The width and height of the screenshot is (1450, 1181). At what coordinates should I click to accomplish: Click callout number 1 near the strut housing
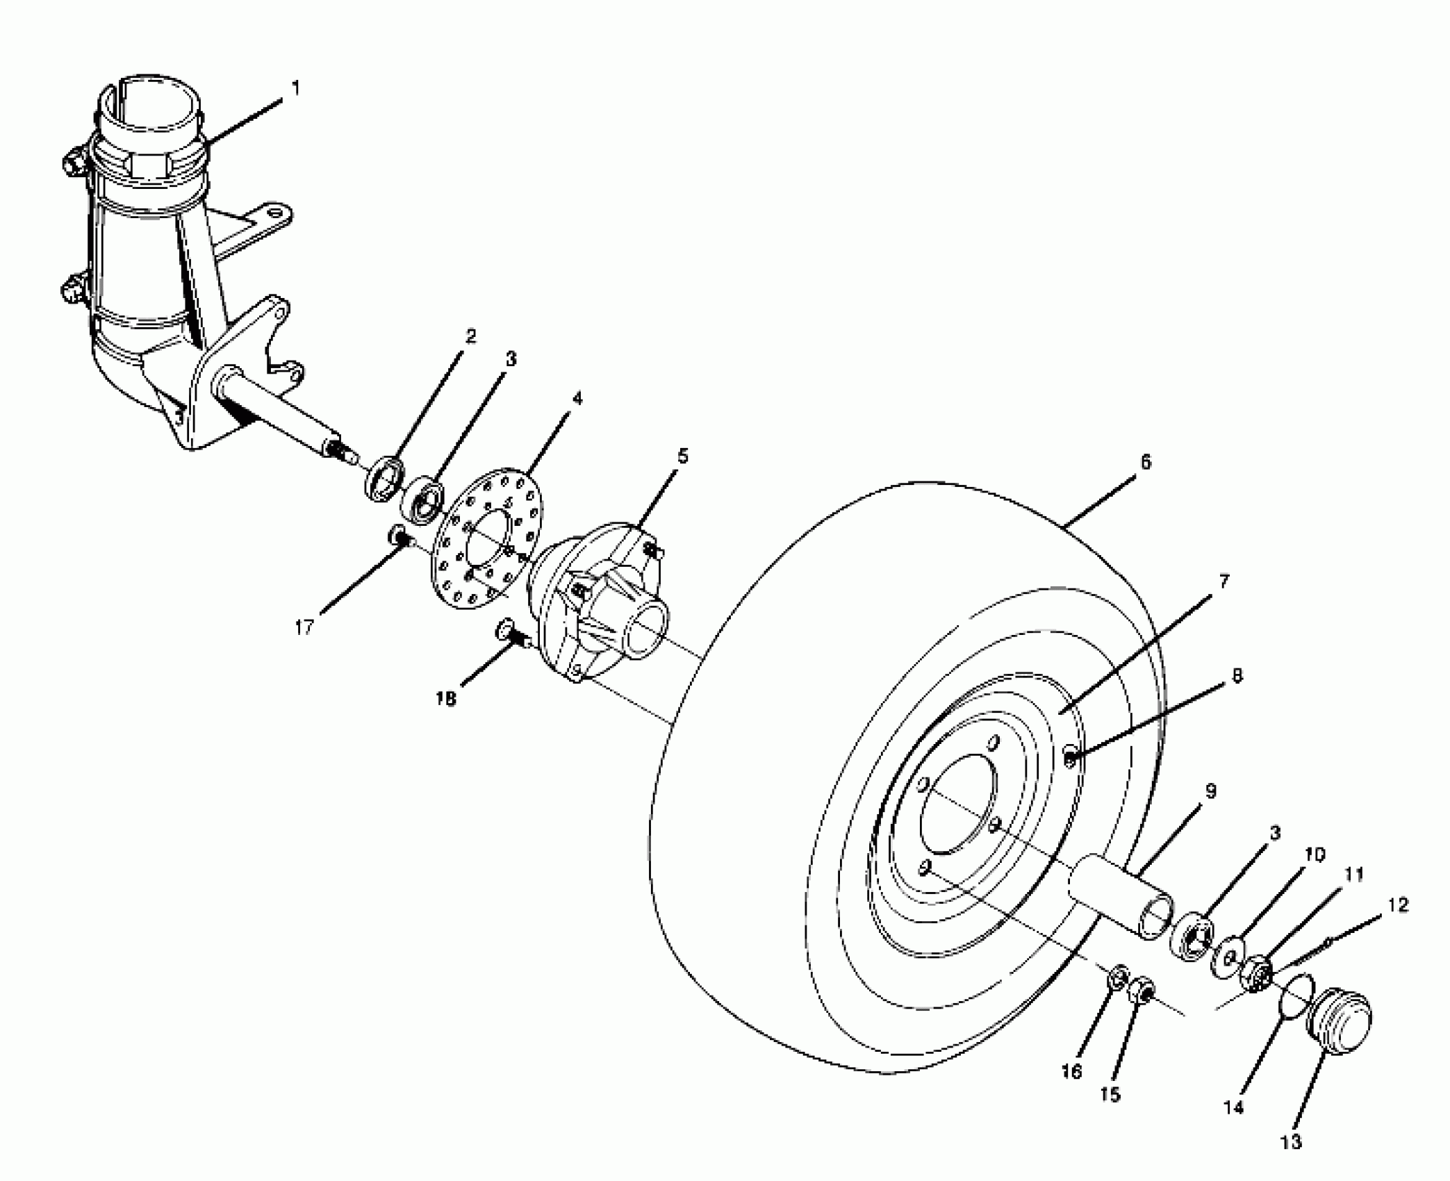click(x=296, y=89)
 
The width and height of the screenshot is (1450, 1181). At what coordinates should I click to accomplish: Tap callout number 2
click(x=471, y=337)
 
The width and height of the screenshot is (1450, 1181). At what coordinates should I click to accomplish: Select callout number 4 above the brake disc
click(x=577, y=399)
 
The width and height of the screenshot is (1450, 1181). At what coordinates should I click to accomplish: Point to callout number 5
click(x=683, y=456)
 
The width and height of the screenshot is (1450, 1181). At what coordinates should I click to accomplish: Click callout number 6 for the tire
click(x=1146, y=462)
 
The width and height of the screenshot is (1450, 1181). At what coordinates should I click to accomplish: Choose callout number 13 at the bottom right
click(x=1291, y=1141)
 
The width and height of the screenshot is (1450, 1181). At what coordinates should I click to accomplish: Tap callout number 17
click(x=304, y=627)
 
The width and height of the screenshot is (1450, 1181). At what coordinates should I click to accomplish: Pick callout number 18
click(x=446, y=700)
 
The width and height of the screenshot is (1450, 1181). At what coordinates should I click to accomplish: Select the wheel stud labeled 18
click(x=510, y=632)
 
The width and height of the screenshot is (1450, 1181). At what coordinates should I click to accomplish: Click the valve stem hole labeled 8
click(x=1071, y=757)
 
